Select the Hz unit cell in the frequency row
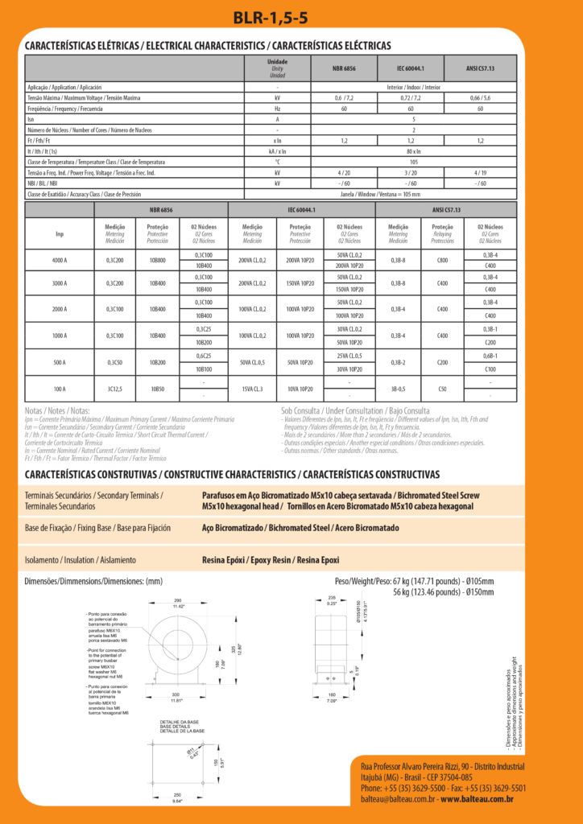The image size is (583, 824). pos(277,108)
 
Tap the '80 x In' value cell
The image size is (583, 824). pos(414,150)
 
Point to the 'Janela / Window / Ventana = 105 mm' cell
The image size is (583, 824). pos(414,194)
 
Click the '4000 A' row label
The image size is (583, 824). pos(60,260)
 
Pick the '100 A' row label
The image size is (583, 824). pos(60,389)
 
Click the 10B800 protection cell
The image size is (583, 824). pos(157,260)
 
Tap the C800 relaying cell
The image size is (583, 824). pos(442,260)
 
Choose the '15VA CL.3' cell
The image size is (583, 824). pos(252,389)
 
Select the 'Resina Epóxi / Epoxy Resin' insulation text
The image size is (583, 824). pos(271,560)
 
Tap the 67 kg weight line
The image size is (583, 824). pos(414,581)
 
